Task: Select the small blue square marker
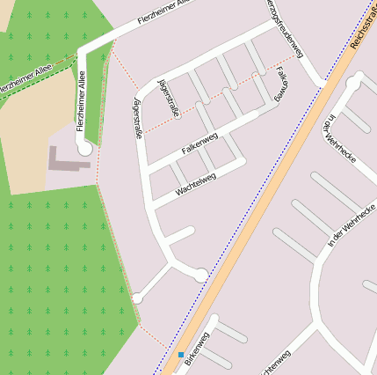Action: [x=181, y=355]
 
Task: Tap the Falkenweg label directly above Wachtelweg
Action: [x=199, y=141]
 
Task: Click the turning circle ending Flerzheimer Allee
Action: [x=84, y=150]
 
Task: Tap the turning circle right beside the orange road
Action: [x=201, y=275]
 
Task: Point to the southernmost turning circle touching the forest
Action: [x=137, y=298]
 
